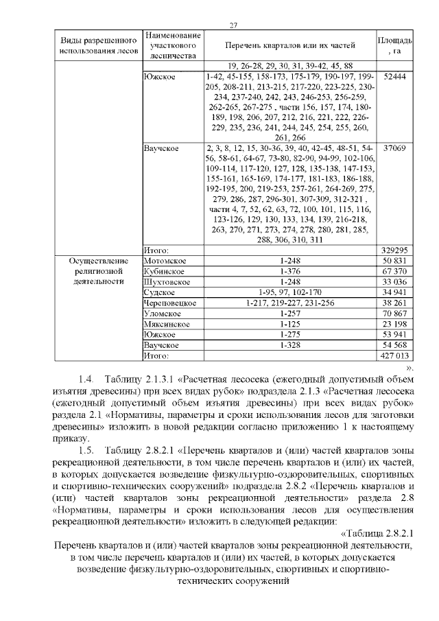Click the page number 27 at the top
coord(233,25)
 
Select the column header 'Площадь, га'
coord(395,46)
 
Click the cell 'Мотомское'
coord(162,261)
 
